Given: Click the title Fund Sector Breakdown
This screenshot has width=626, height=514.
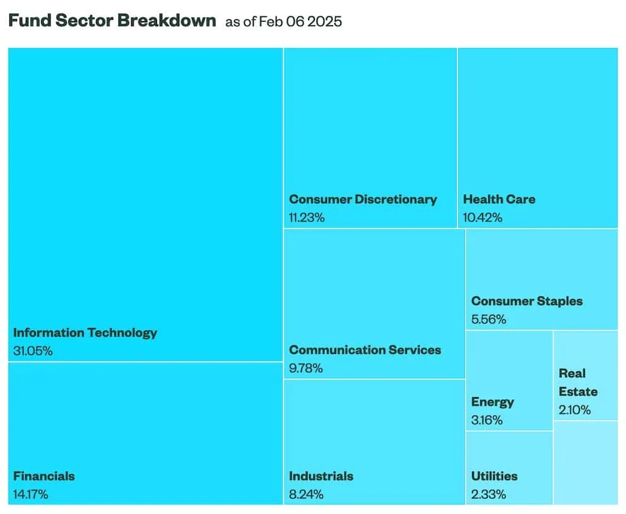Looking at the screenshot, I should [x=112, y=20].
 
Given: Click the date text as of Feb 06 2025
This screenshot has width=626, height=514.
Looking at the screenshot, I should [x=283, y=21].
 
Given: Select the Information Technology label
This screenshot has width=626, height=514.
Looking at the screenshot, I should [x=85, y=332].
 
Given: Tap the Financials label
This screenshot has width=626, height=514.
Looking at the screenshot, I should [x=44, y=476].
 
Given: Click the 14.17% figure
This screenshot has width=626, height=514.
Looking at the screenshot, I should [x=30, y=494].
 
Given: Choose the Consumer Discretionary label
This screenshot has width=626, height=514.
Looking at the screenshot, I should [x=363, y=199].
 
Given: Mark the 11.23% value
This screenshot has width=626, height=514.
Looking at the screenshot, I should [x=307, y=218].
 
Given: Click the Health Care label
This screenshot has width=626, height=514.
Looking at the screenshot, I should [x=499, y=199].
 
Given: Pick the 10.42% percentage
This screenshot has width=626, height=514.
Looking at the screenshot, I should [x=483, y=218].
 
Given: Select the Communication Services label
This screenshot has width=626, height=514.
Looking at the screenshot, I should [x=365, y=349].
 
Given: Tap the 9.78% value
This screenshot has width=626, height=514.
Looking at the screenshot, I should [x=306, y=368].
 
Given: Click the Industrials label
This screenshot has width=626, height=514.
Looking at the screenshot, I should [x=321, y=476].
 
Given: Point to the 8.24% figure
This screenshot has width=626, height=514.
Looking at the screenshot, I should [x=306, y=494].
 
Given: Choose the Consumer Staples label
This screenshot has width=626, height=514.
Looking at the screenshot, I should [x=527, y=301].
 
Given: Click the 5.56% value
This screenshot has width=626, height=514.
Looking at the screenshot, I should [x=488, y=320].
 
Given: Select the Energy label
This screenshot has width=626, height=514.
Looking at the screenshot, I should [x=492, y=402].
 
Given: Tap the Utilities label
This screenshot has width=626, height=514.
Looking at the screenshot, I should [x=494, y=476].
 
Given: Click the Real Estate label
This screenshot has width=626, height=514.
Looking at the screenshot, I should [x=577, y=382].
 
